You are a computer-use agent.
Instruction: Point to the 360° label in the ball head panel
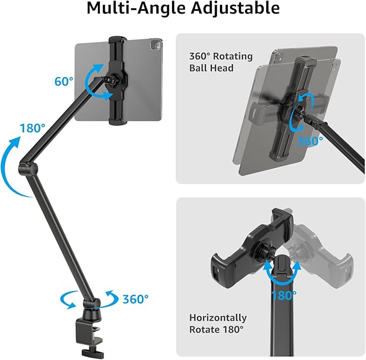[x=310, y=140]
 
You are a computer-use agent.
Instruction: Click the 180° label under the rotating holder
[x=284, y=295]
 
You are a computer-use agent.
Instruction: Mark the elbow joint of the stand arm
[x=27, y=164]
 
